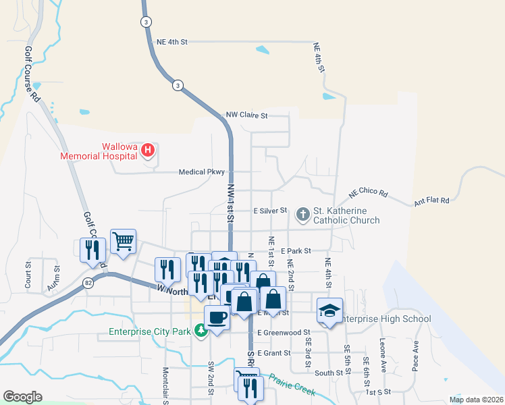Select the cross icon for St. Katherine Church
tap(303, 215)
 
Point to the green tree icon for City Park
tap(201, 331)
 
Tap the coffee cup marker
tap(217, 316)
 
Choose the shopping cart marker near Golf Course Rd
tap(123, 240)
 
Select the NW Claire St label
tap(247, 115)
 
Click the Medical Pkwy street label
tap(201, 172)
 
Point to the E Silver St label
tap(270, 211)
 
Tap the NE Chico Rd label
tap(368, 194)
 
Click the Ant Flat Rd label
tap(431, 200)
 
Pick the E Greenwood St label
tap(283, 332)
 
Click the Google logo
tap(22, 397)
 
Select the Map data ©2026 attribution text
tap(475, 400)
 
